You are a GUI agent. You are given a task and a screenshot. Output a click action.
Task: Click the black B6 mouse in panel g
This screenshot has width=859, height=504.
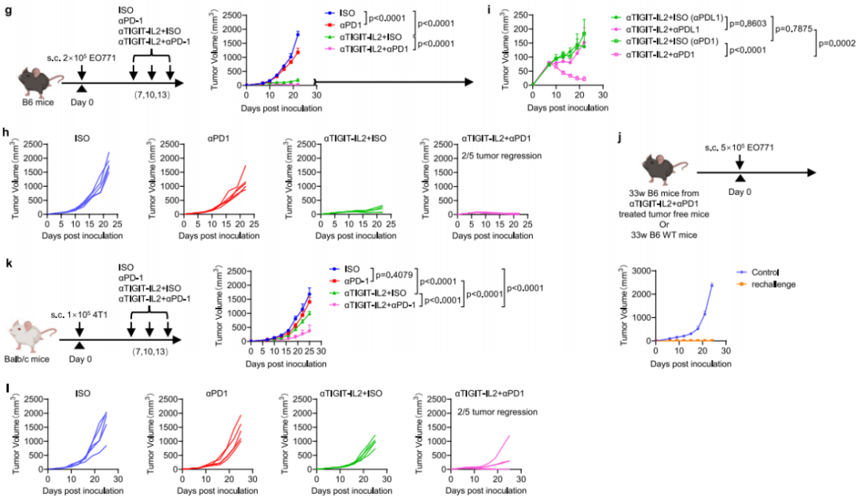(x=36, y=82)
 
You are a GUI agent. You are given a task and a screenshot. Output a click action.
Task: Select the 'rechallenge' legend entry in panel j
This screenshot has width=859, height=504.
(x=767, y=285)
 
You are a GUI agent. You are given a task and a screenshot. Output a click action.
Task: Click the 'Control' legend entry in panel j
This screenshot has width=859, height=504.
(x=758, y=272)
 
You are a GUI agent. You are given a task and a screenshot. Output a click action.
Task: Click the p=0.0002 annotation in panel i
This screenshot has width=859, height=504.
(x=838, y=44)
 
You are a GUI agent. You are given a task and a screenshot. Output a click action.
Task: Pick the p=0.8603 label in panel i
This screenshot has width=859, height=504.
(x=748, y=23)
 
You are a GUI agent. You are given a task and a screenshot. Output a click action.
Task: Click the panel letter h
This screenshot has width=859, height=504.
(x=6, y=132)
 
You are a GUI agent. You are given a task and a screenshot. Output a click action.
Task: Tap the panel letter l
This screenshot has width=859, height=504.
(x=6, y=388)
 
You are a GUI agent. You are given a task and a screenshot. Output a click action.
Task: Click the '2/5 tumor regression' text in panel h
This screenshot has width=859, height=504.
(x=502, y=156)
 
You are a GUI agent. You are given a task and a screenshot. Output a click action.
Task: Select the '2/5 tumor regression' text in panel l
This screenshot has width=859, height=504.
(x=497, y=412)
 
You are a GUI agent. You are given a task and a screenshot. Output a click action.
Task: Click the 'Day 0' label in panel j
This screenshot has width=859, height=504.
(x=740, y=192)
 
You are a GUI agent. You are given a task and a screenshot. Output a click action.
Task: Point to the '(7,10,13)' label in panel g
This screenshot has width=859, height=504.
(x=151, y=95)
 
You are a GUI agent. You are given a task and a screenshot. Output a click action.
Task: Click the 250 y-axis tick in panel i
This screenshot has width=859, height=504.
(x=521, y=15)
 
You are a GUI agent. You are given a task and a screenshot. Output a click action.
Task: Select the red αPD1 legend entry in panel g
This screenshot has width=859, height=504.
(x=346, y=25)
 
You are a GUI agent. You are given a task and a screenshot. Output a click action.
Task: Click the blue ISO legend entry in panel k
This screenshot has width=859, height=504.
(x=344, y=269)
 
